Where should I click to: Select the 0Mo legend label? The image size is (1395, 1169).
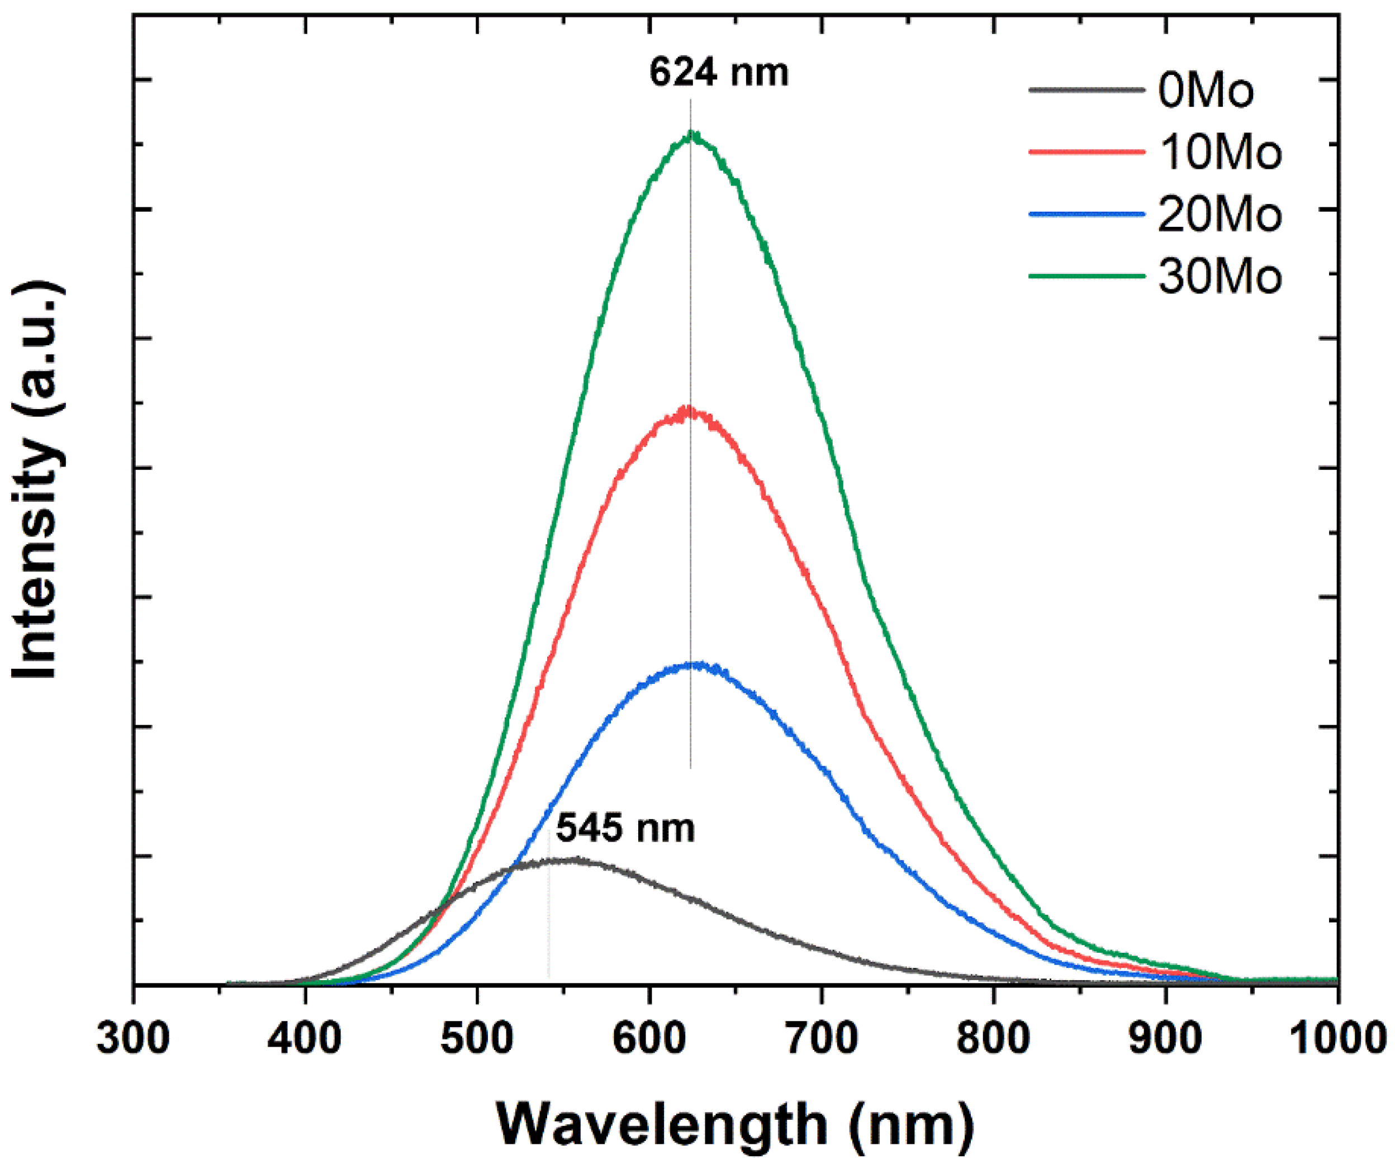[x=1206, y=91]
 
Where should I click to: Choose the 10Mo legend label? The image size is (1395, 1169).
[x=1220, y=152]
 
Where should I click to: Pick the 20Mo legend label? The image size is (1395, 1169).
[x=1220, y=214]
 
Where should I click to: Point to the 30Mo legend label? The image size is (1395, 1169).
[x=1220, y=275]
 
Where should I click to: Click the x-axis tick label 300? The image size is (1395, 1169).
[x=133, y=1038]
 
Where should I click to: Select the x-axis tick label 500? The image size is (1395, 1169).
[x=477, y=1038]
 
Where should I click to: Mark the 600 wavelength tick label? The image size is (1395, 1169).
[x=649, y=1038]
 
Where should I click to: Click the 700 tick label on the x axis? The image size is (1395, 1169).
[x=822, y=1038]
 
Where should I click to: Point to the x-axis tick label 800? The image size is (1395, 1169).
[x=994, y=1038]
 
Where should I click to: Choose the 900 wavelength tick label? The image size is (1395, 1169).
[x=1166, y=1038]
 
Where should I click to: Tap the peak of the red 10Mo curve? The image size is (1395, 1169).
[x=688, y=410]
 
